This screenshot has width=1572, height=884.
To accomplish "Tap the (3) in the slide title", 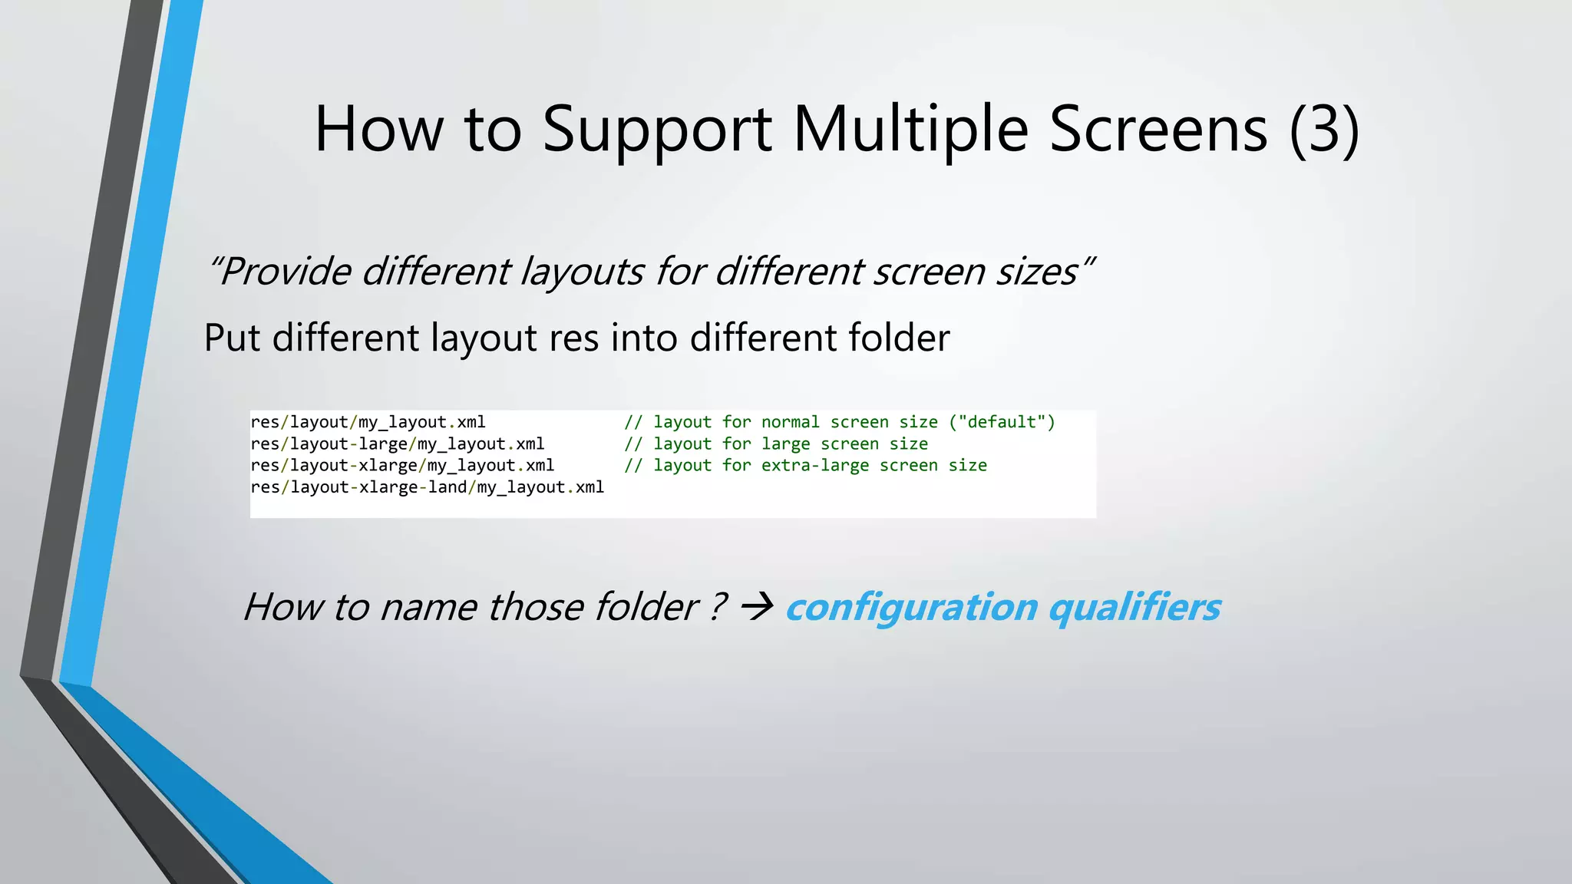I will (1324, 130).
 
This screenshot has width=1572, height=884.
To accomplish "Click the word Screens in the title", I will (1158, 130).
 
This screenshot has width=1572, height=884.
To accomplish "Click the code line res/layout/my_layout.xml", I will (368, 422).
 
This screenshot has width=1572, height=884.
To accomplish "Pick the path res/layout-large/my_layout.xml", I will (397, 444).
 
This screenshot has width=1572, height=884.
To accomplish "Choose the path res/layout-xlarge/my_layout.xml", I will (402, 465).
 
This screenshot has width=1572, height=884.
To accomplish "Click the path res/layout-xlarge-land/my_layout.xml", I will (427, 487).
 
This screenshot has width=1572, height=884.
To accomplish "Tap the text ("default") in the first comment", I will (1002, 422).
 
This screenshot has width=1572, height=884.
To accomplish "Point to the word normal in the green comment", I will (790, 422).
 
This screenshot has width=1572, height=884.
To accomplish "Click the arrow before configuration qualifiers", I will (756, 608).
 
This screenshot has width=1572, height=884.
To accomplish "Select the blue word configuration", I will (911, 608).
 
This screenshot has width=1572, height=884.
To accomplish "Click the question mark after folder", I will (716, 608).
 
